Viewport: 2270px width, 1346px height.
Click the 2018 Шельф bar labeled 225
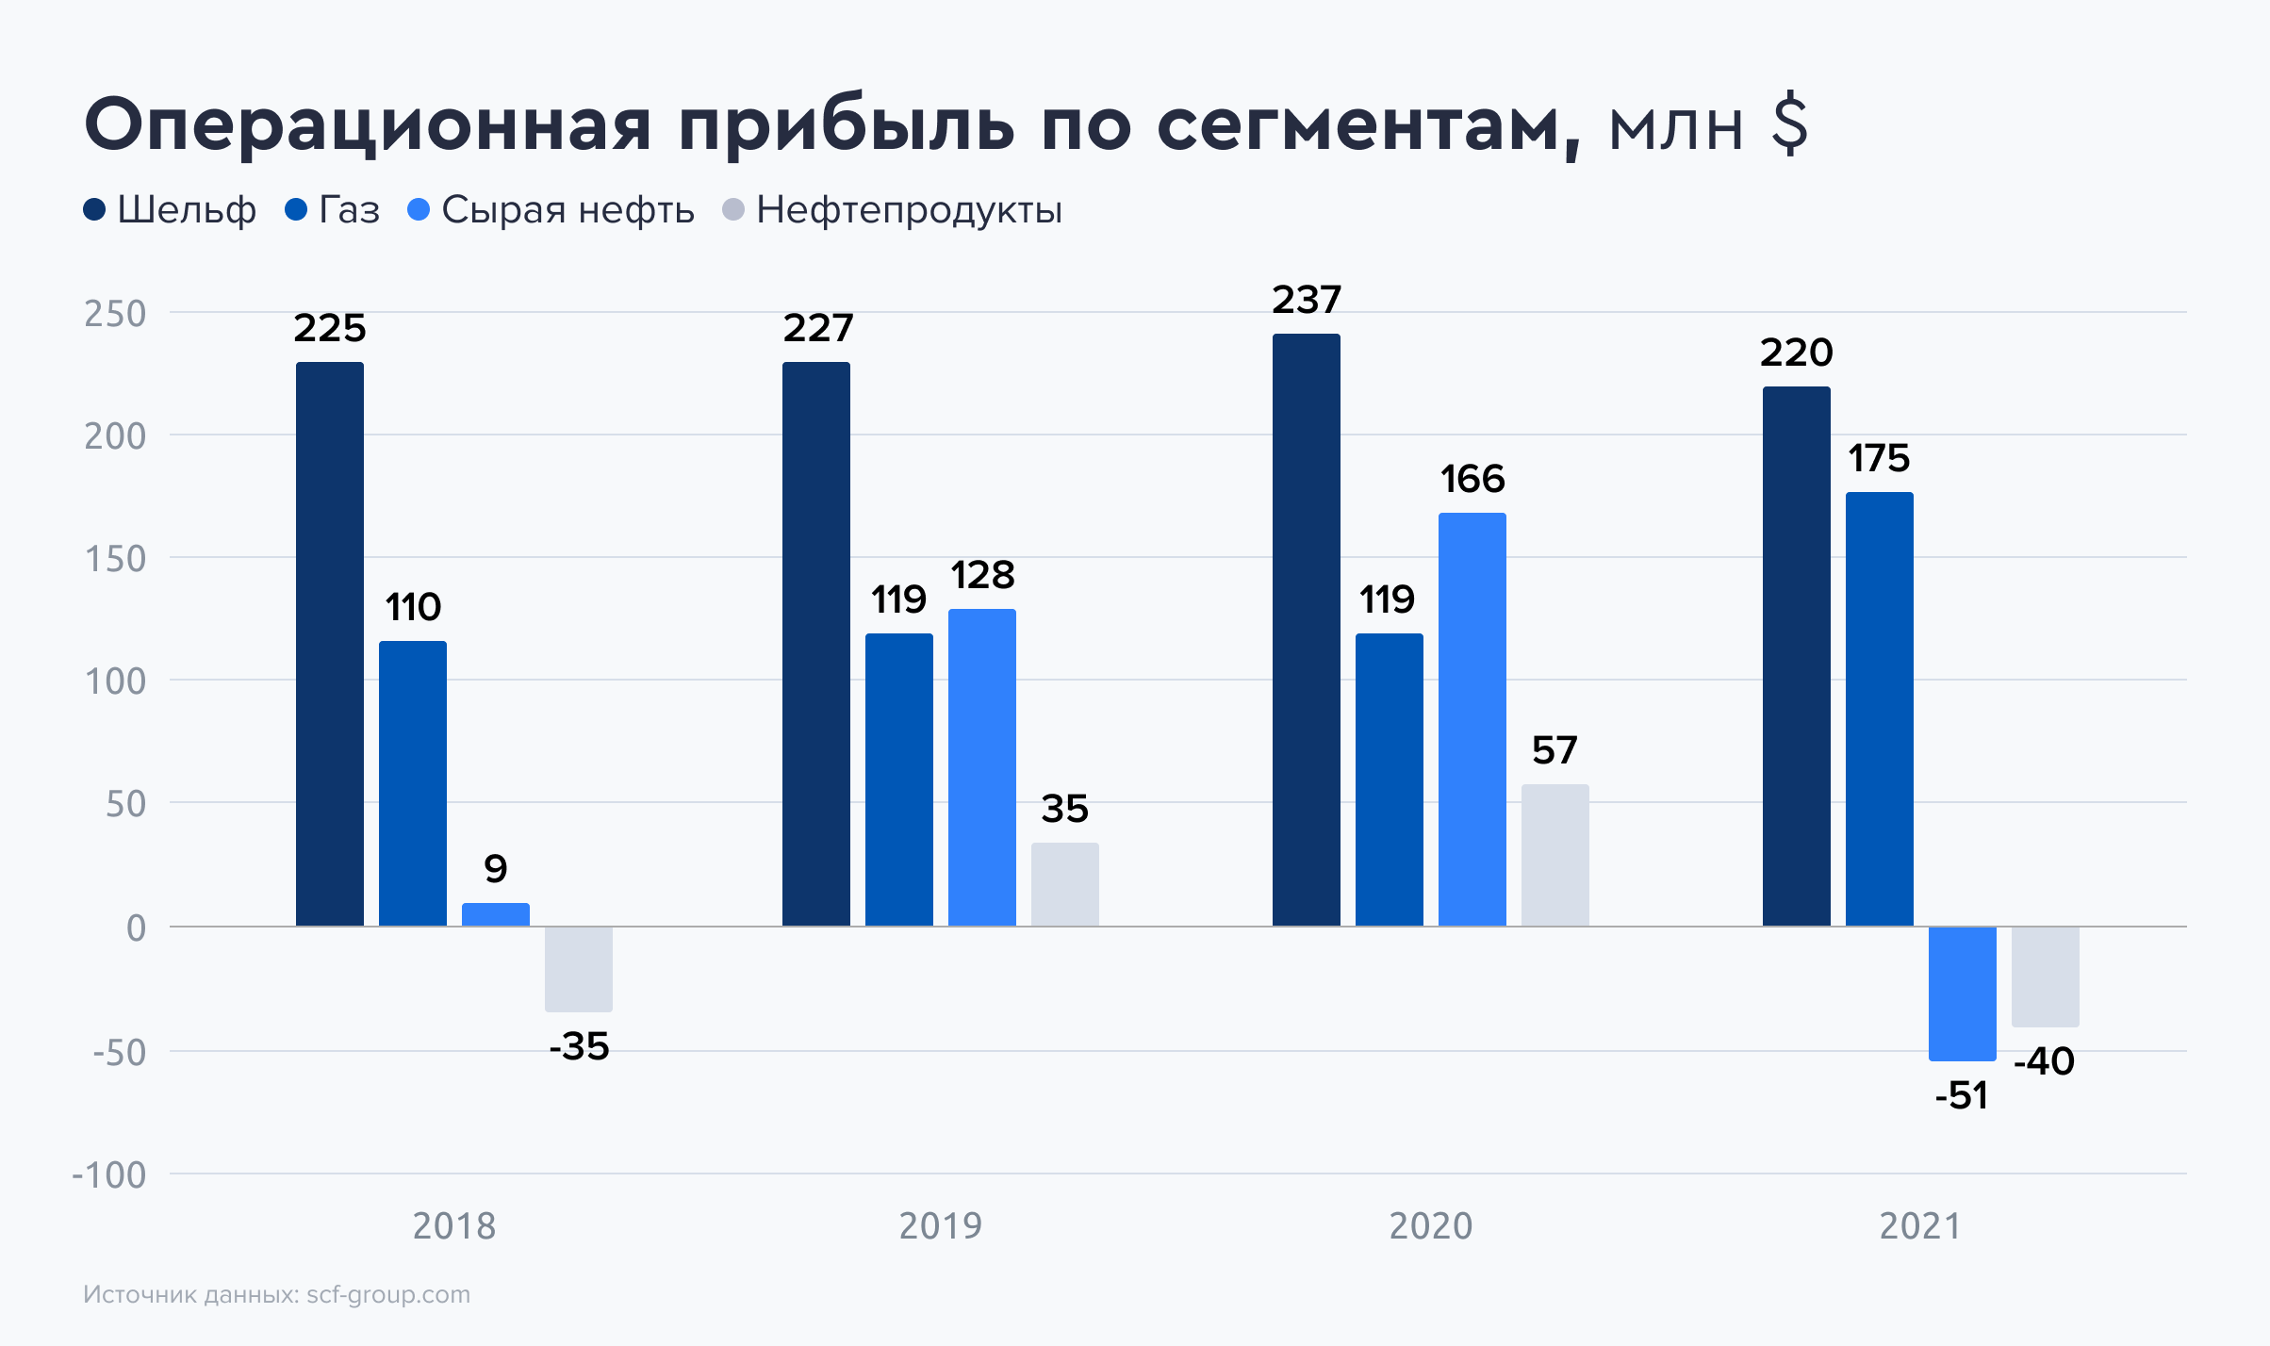[330, 644]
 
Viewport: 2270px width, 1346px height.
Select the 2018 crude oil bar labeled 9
[496, 914]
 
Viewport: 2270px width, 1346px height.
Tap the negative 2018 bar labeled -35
[579, 969]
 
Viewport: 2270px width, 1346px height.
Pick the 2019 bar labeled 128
[982, 767]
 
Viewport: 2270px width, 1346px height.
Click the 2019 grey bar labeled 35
[1065, 884]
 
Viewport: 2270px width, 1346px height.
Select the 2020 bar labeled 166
[1472, 719]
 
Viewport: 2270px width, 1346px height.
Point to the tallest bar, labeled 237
[1307, 630]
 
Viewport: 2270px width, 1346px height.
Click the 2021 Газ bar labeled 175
[1880, 709]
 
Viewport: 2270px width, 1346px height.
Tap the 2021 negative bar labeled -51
[1963, 993]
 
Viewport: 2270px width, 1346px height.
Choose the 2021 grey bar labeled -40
[2046, 977]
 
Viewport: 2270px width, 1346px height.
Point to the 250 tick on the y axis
[115, 314]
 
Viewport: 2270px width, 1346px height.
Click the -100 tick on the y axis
[109, 1175]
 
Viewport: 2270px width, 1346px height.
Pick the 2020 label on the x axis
[1431, 1226]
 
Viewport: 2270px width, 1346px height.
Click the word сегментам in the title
[1368, 125]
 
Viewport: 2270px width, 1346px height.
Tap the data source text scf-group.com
[388, 1295]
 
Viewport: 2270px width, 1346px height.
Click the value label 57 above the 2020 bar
[1554, 751]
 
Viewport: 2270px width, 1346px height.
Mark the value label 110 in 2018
[413, 607]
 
